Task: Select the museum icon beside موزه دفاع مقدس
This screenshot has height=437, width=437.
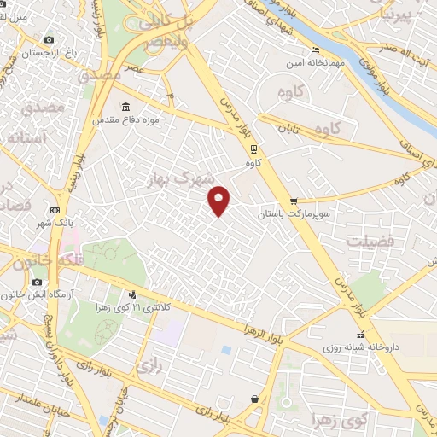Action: coord(126,108)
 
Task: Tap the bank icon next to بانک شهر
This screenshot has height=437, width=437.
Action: coord(55,210)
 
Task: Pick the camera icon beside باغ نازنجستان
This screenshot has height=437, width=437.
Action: coord(49,40)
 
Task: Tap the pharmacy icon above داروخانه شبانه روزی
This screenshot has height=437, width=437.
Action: coord(360,335)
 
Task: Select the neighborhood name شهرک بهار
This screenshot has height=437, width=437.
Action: coord(178,179)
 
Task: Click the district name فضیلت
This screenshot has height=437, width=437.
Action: coord(370,242)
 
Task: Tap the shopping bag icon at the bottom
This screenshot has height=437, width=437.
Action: coord(254,399)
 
